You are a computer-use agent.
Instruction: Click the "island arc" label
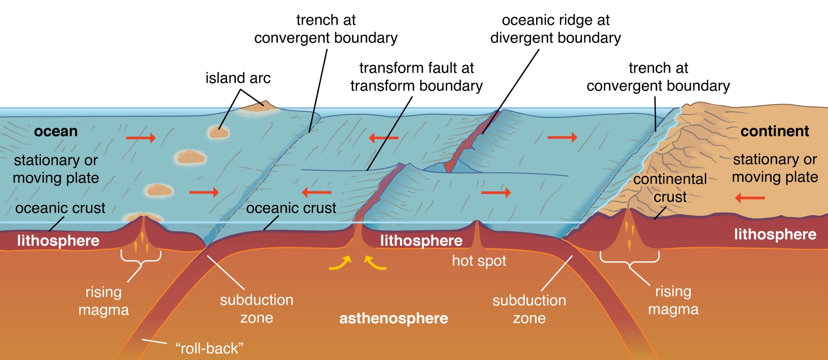[238, 78]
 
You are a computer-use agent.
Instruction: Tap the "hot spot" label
[479, 261]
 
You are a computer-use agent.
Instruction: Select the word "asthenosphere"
[393, 318]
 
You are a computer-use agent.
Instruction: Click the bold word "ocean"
[56, 131]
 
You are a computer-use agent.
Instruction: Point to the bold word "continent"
[774, 131]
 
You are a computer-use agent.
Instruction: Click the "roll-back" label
[209, 349]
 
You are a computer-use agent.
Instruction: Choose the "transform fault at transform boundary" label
[416, 77]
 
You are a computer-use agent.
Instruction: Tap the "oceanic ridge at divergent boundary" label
[555, 29]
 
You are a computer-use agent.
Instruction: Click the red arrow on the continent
[750, 198]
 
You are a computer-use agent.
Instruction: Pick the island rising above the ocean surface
[261, 106]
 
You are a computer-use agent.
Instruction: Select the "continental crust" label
[670, 188]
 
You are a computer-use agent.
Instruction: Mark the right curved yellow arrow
[375, 263]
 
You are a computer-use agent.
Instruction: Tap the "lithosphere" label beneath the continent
[775, 234]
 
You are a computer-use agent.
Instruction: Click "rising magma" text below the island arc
[103, 301]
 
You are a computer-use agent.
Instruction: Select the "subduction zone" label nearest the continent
[529, 309]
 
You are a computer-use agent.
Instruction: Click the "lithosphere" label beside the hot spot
[421, 241]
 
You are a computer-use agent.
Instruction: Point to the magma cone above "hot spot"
[477, 233]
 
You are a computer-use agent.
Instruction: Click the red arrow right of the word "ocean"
[141, 138]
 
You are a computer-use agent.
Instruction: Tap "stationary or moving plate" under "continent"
[775, 168]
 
